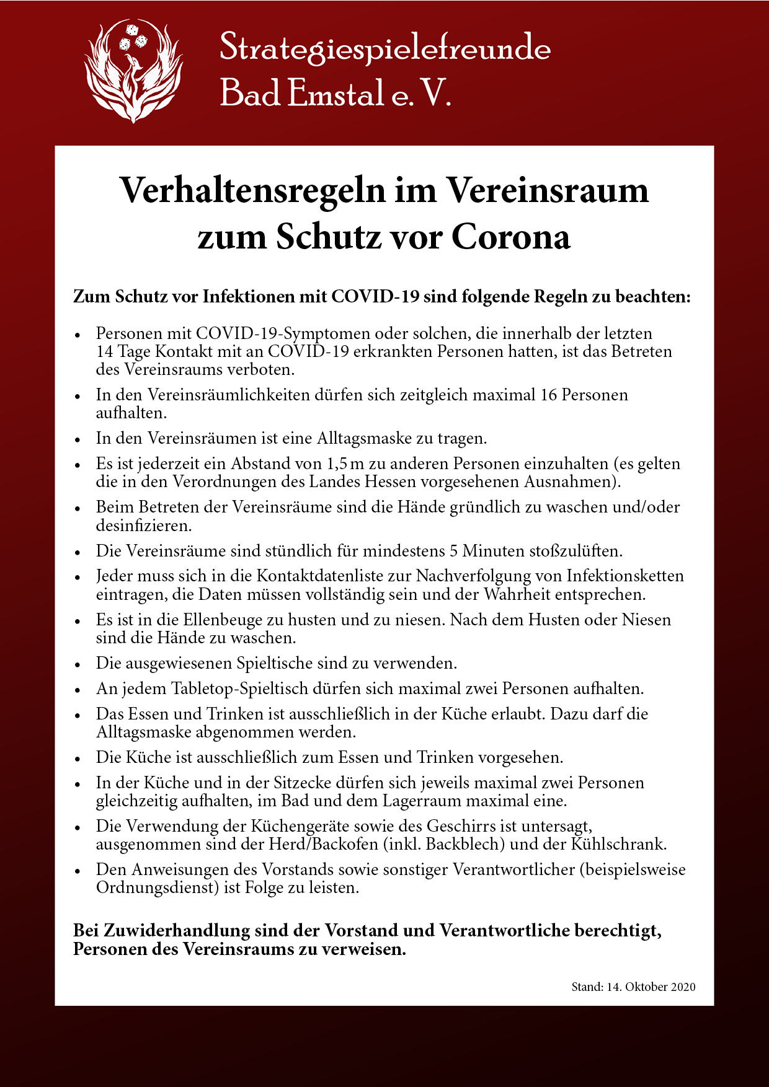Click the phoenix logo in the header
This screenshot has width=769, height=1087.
click(133, 70)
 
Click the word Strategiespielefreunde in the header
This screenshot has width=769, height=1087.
click(385, 48)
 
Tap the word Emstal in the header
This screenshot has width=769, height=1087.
click(336, 94)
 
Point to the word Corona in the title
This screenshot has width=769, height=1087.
click(510, 237)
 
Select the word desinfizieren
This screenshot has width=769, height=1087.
click(143, 526)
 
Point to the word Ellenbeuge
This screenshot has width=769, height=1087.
click(223, 620)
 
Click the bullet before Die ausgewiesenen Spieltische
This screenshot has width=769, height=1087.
click(78, 664)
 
